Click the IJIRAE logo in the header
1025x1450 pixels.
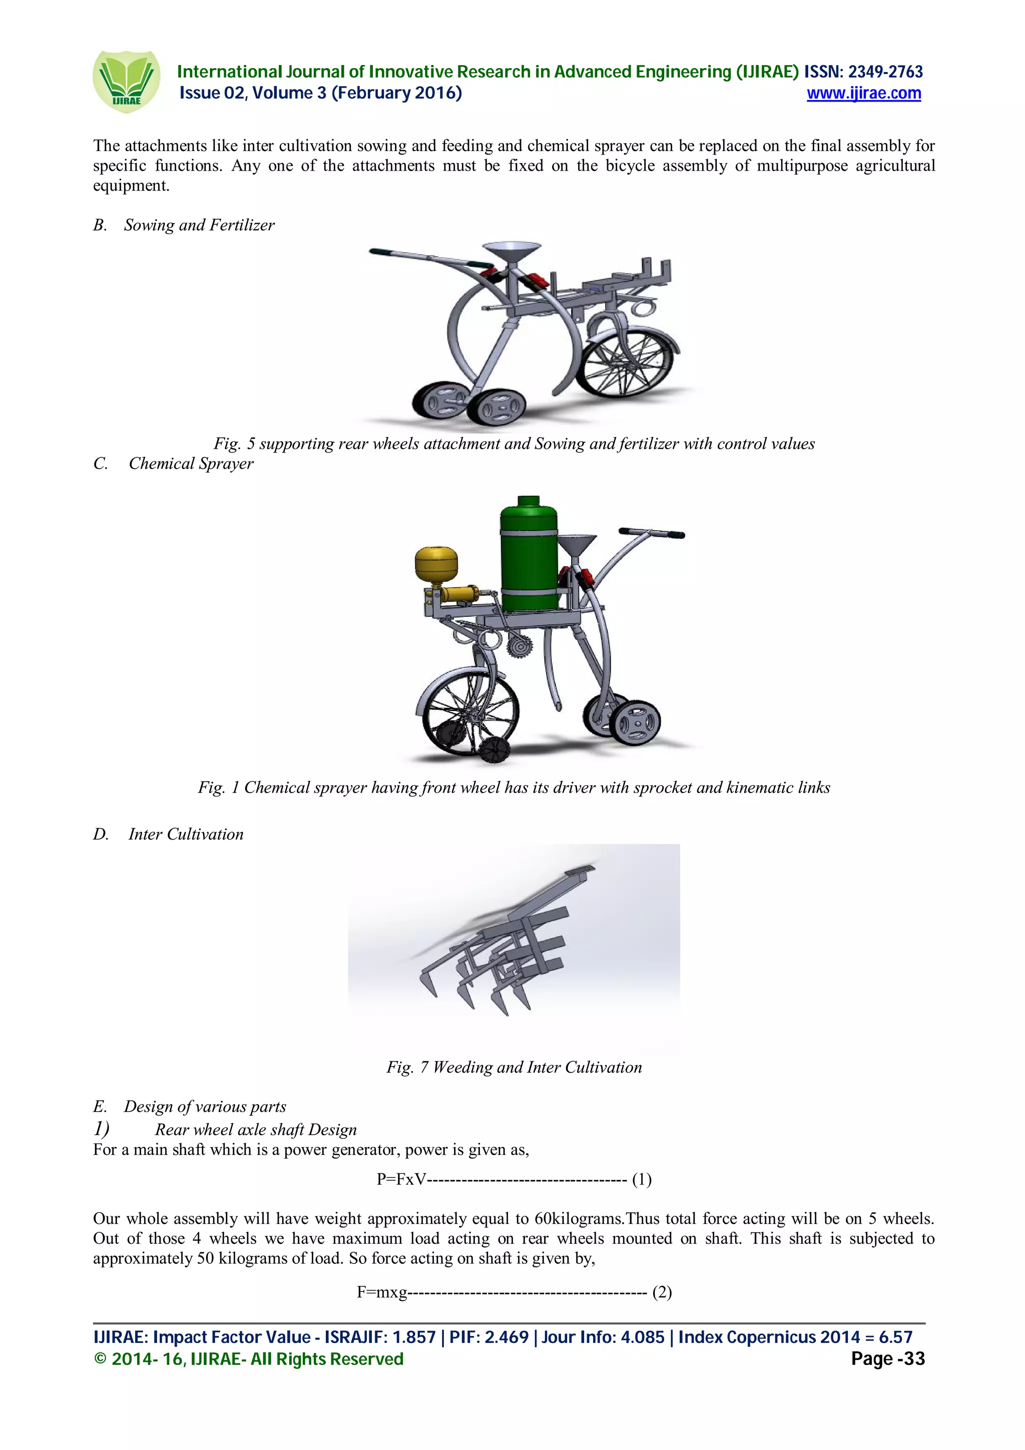[x=126, y=82]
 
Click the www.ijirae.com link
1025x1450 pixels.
[x=863, y=94]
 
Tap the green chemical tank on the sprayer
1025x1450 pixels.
[x=529, y=556]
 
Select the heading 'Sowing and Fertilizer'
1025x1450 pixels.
[x=199, y=226]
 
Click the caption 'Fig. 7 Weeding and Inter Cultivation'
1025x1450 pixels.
[x=514, y=1067]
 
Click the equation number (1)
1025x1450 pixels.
[x=642, y=1179]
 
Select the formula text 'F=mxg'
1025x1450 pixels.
[x=382, y=1292]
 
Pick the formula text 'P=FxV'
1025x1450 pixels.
[x=401, y=1179]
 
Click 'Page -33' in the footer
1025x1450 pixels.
[x=887, y=1358]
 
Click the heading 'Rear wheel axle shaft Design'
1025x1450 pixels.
[x=256, y=1130]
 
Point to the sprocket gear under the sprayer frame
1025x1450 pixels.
[x=519, y=648]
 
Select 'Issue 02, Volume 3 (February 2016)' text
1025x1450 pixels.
[x=320, y=93]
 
